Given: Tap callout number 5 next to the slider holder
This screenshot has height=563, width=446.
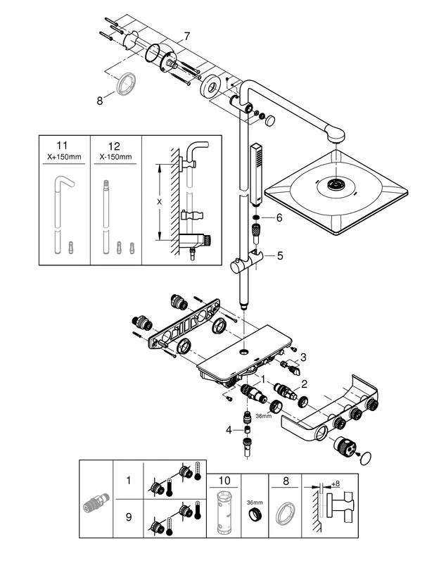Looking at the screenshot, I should point(279,256).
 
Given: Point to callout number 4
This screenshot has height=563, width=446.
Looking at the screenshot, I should point(229,429).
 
